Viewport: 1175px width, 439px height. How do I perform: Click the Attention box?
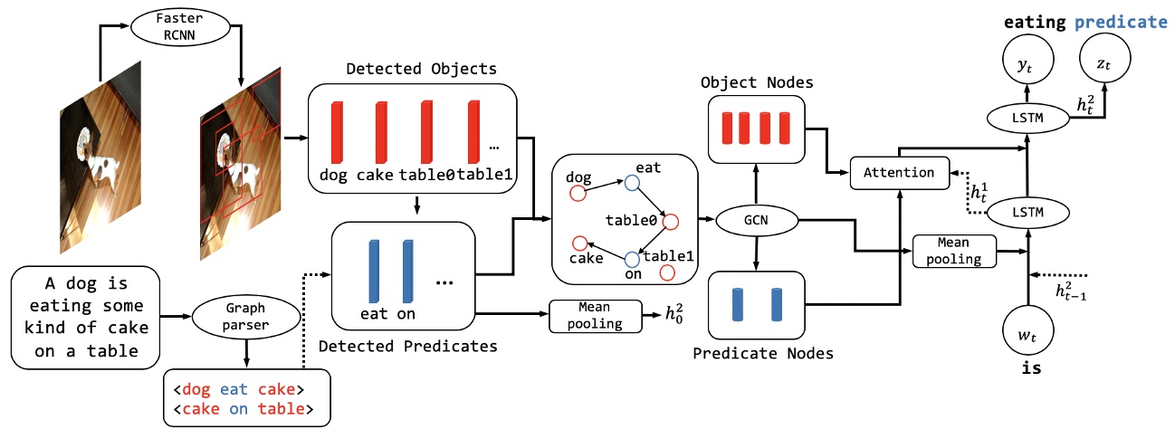[x=898, y=171]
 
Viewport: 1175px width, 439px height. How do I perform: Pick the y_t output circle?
[x=1028, y=62]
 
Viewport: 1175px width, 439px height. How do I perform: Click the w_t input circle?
[x=1028, y=335]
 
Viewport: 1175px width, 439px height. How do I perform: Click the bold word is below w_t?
[x=1027, y=370]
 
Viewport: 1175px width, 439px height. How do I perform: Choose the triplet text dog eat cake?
[x=238, y=390]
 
